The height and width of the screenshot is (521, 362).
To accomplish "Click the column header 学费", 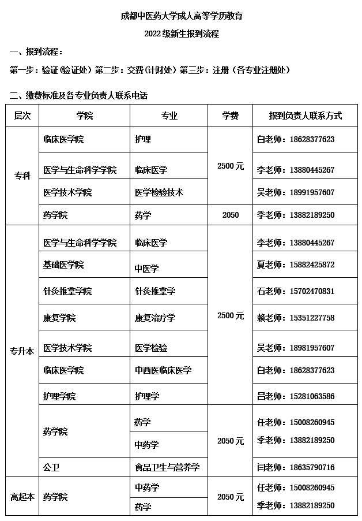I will [231, 116].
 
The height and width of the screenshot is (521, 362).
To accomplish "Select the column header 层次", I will [22, 116].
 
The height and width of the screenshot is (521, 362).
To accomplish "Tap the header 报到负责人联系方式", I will [305, 116].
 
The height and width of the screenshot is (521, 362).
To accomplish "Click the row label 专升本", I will [22, 350].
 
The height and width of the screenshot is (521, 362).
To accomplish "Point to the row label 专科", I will [22, 176].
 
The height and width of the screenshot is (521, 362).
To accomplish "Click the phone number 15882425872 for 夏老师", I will [312, 265].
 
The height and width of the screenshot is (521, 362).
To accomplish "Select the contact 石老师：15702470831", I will [295, 291].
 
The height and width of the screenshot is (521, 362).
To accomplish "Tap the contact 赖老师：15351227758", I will [295, 318].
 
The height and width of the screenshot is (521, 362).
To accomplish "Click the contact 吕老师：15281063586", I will [295, 396].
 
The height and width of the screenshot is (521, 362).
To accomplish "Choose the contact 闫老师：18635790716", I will [295, 467].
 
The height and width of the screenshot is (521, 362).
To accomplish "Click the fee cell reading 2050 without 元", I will [231, 215].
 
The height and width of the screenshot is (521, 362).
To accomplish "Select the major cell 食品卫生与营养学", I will [167, 467].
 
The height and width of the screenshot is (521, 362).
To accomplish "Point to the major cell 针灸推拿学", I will [155, 291].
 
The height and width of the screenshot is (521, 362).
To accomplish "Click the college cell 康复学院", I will [59, 318].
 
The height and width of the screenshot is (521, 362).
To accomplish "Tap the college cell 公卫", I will [51, 467].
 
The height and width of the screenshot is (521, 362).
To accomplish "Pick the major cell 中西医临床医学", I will [163, 370].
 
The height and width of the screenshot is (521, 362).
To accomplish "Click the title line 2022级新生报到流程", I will [182, 34].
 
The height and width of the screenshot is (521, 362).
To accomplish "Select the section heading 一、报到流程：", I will [36, 52].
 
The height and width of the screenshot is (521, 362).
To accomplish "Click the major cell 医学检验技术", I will [159, 192].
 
